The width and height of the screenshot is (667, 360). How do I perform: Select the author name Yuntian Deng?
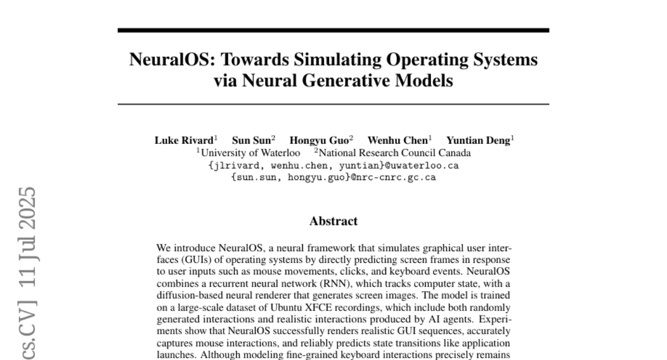coord(478,141)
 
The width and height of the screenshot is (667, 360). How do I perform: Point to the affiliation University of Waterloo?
coord(250,153)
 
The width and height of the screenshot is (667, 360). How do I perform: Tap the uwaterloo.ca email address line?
coord(333,166)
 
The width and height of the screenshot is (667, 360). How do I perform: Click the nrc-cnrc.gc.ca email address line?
coord(333,178)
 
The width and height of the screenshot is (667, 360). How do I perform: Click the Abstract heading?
coord(333,221)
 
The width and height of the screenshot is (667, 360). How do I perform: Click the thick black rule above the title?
coord(333,30)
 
